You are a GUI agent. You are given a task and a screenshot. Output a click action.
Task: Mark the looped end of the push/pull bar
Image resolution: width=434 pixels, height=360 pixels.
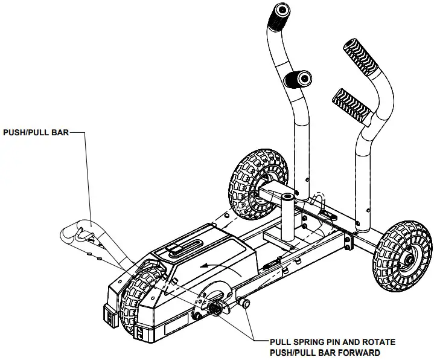83,231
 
